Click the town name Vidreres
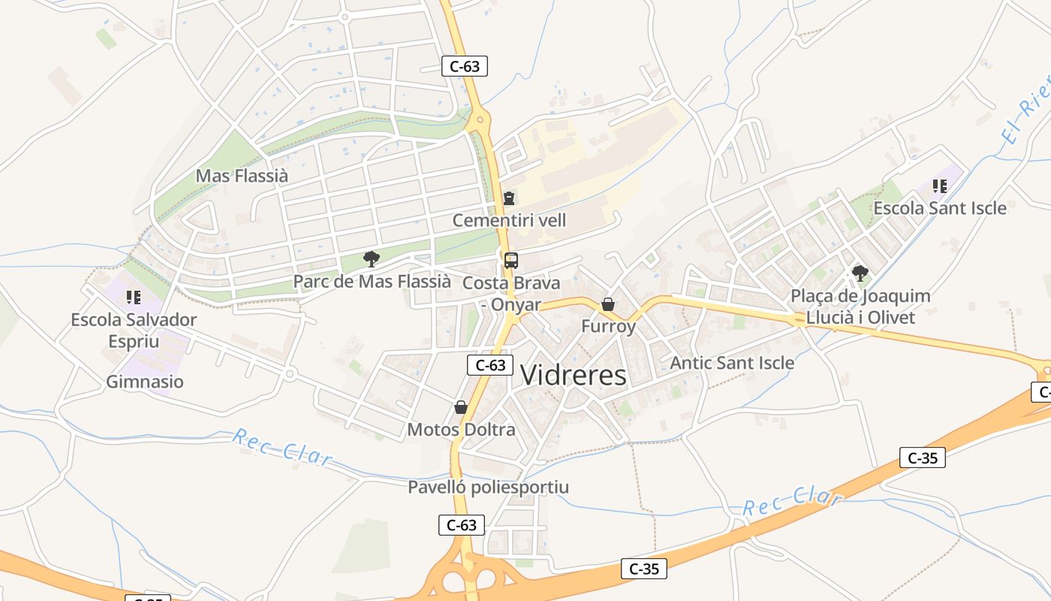tap(573, 375)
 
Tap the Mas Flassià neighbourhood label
tap(242, 176)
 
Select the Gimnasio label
tap(145, 382)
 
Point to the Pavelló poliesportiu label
tap(488, 487)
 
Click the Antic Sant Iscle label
tap(732, 363)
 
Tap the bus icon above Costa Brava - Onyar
tap(510, 261)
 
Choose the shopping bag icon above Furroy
tap(608, 304)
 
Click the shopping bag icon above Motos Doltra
tap(461, 407)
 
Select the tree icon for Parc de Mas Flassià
tap(371, 259)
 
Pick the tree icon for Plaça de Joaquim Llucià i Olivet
tap(860, 273)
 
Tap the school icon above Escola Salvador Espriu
tap(134, 297)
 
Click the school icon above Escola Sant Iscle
tap(939, 186)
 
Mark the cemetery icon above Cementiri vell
tap(509, 198)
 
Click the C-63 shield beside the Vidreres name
tap(490, 365)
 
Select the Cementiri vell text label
tap(509, 221)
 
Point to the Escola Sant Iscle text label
tap(940, 208)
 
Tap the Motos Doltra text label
tap(461, 430)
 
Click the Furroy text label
tap(608, 327)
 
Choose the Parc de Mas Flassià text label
tap(372, 282)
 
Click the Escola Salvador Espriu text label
tap(134, 330)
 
